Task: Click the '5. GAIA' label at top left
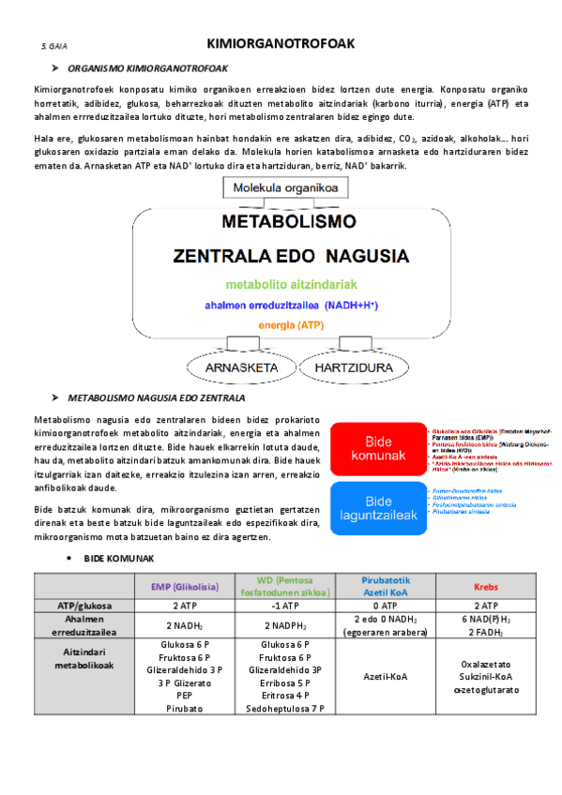point(53,46)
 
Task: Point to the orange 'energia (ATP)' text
point(291,326)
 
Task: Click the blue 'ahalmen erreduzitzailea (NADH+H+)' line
point(291,305)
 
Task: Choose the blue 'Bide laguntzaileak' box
point(377,508)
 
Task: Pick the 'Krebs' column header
point(485,586)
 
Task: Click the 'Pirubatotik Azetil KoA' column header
point(386,586)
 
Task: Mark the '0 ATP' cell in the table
point(386,607)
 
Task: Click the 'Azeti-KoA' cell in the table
point(386,675)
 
